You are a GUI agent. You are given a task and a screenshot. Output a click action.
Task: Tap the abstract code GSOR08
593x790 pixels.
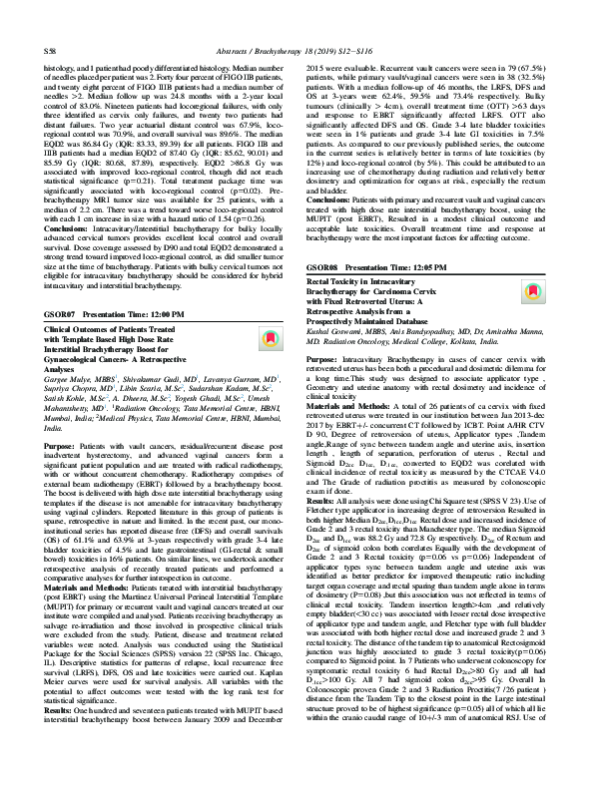[322, 240]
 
